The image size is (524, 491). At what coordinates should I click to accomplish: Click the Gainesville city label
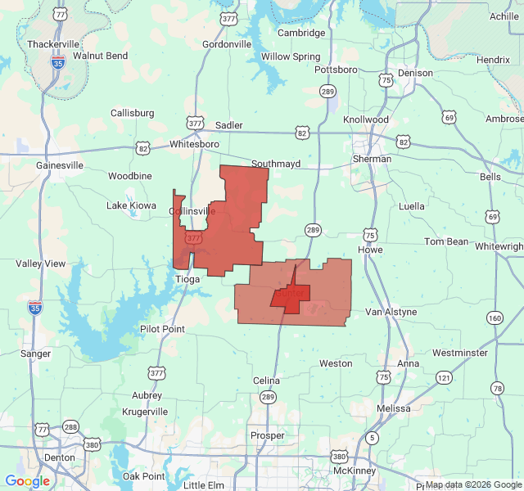click(x=60, y=164)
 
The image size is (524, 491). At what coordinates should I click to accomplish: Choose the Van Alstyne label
click(x=391, y=312)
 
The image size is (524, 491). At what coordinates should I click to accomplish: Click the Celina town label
click(x=266, y=381)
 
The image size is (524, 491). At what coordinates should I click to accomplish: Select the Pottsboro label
click(x=336, y=70)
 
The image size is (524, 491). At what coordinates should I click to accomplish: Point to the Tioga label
click(x=187, y=279)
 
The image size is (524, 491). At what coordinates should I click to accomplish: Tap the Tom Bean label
click(x=446, y=241)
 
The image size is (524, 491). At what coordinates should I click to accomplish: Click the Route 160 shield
click(x=495, y=318)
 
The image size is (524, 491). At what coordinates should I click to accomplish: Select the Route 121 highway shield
click(x=444, y=377)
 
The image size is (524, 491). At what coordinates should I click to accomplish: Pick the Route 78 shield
click(x=498, y=388)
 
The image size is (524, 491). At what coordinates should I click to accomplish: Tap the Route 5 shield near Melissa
click(x=373, y=438)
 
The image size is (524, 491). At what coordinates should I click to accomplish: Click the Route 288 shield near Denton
click(x=71, y=427)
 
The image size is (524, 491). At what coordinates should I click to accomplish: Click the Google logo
click(x=27, y=481)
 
